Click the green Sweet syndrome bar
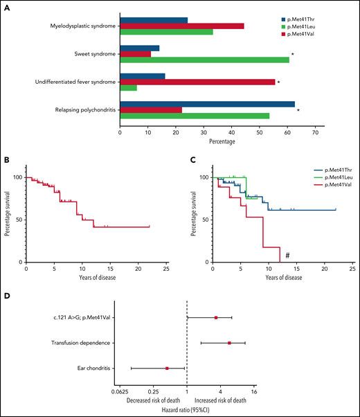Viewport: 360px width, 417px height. point(204,60)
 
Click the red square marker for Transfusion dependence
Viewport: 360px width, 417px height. point(229,342)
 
